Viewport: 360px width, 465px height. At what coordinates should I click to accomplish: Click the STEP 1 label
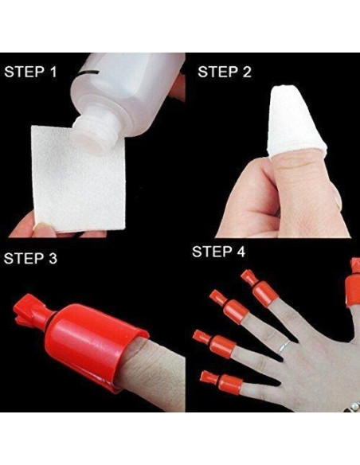click(x=31, y=72)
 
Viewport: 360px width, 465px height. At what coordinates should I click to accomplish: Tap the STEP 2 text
click(x=225, y=72)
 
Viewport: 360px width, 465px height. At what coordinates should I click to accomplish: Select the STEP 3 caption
click(x=31, y=259)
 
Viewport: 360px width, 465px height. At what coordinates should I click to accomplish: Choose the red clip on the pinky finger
click(x=213, y=379)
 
